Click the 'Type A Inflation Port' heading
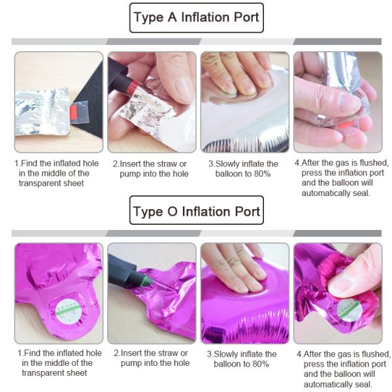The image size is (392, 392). (197, 18)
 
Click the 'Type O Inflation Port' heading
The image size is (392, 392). (197, 212)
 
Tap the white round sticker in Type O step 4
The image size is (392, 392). (350, 310)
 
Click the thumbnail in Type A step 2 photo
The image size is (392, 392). (183, 90)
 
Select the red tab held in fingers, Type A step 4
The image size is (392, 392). (346, 124)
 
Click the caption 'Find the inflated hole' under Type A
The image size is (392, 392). (59, 163)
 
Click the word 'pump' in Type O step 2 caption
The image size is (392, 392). (131, 363)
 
